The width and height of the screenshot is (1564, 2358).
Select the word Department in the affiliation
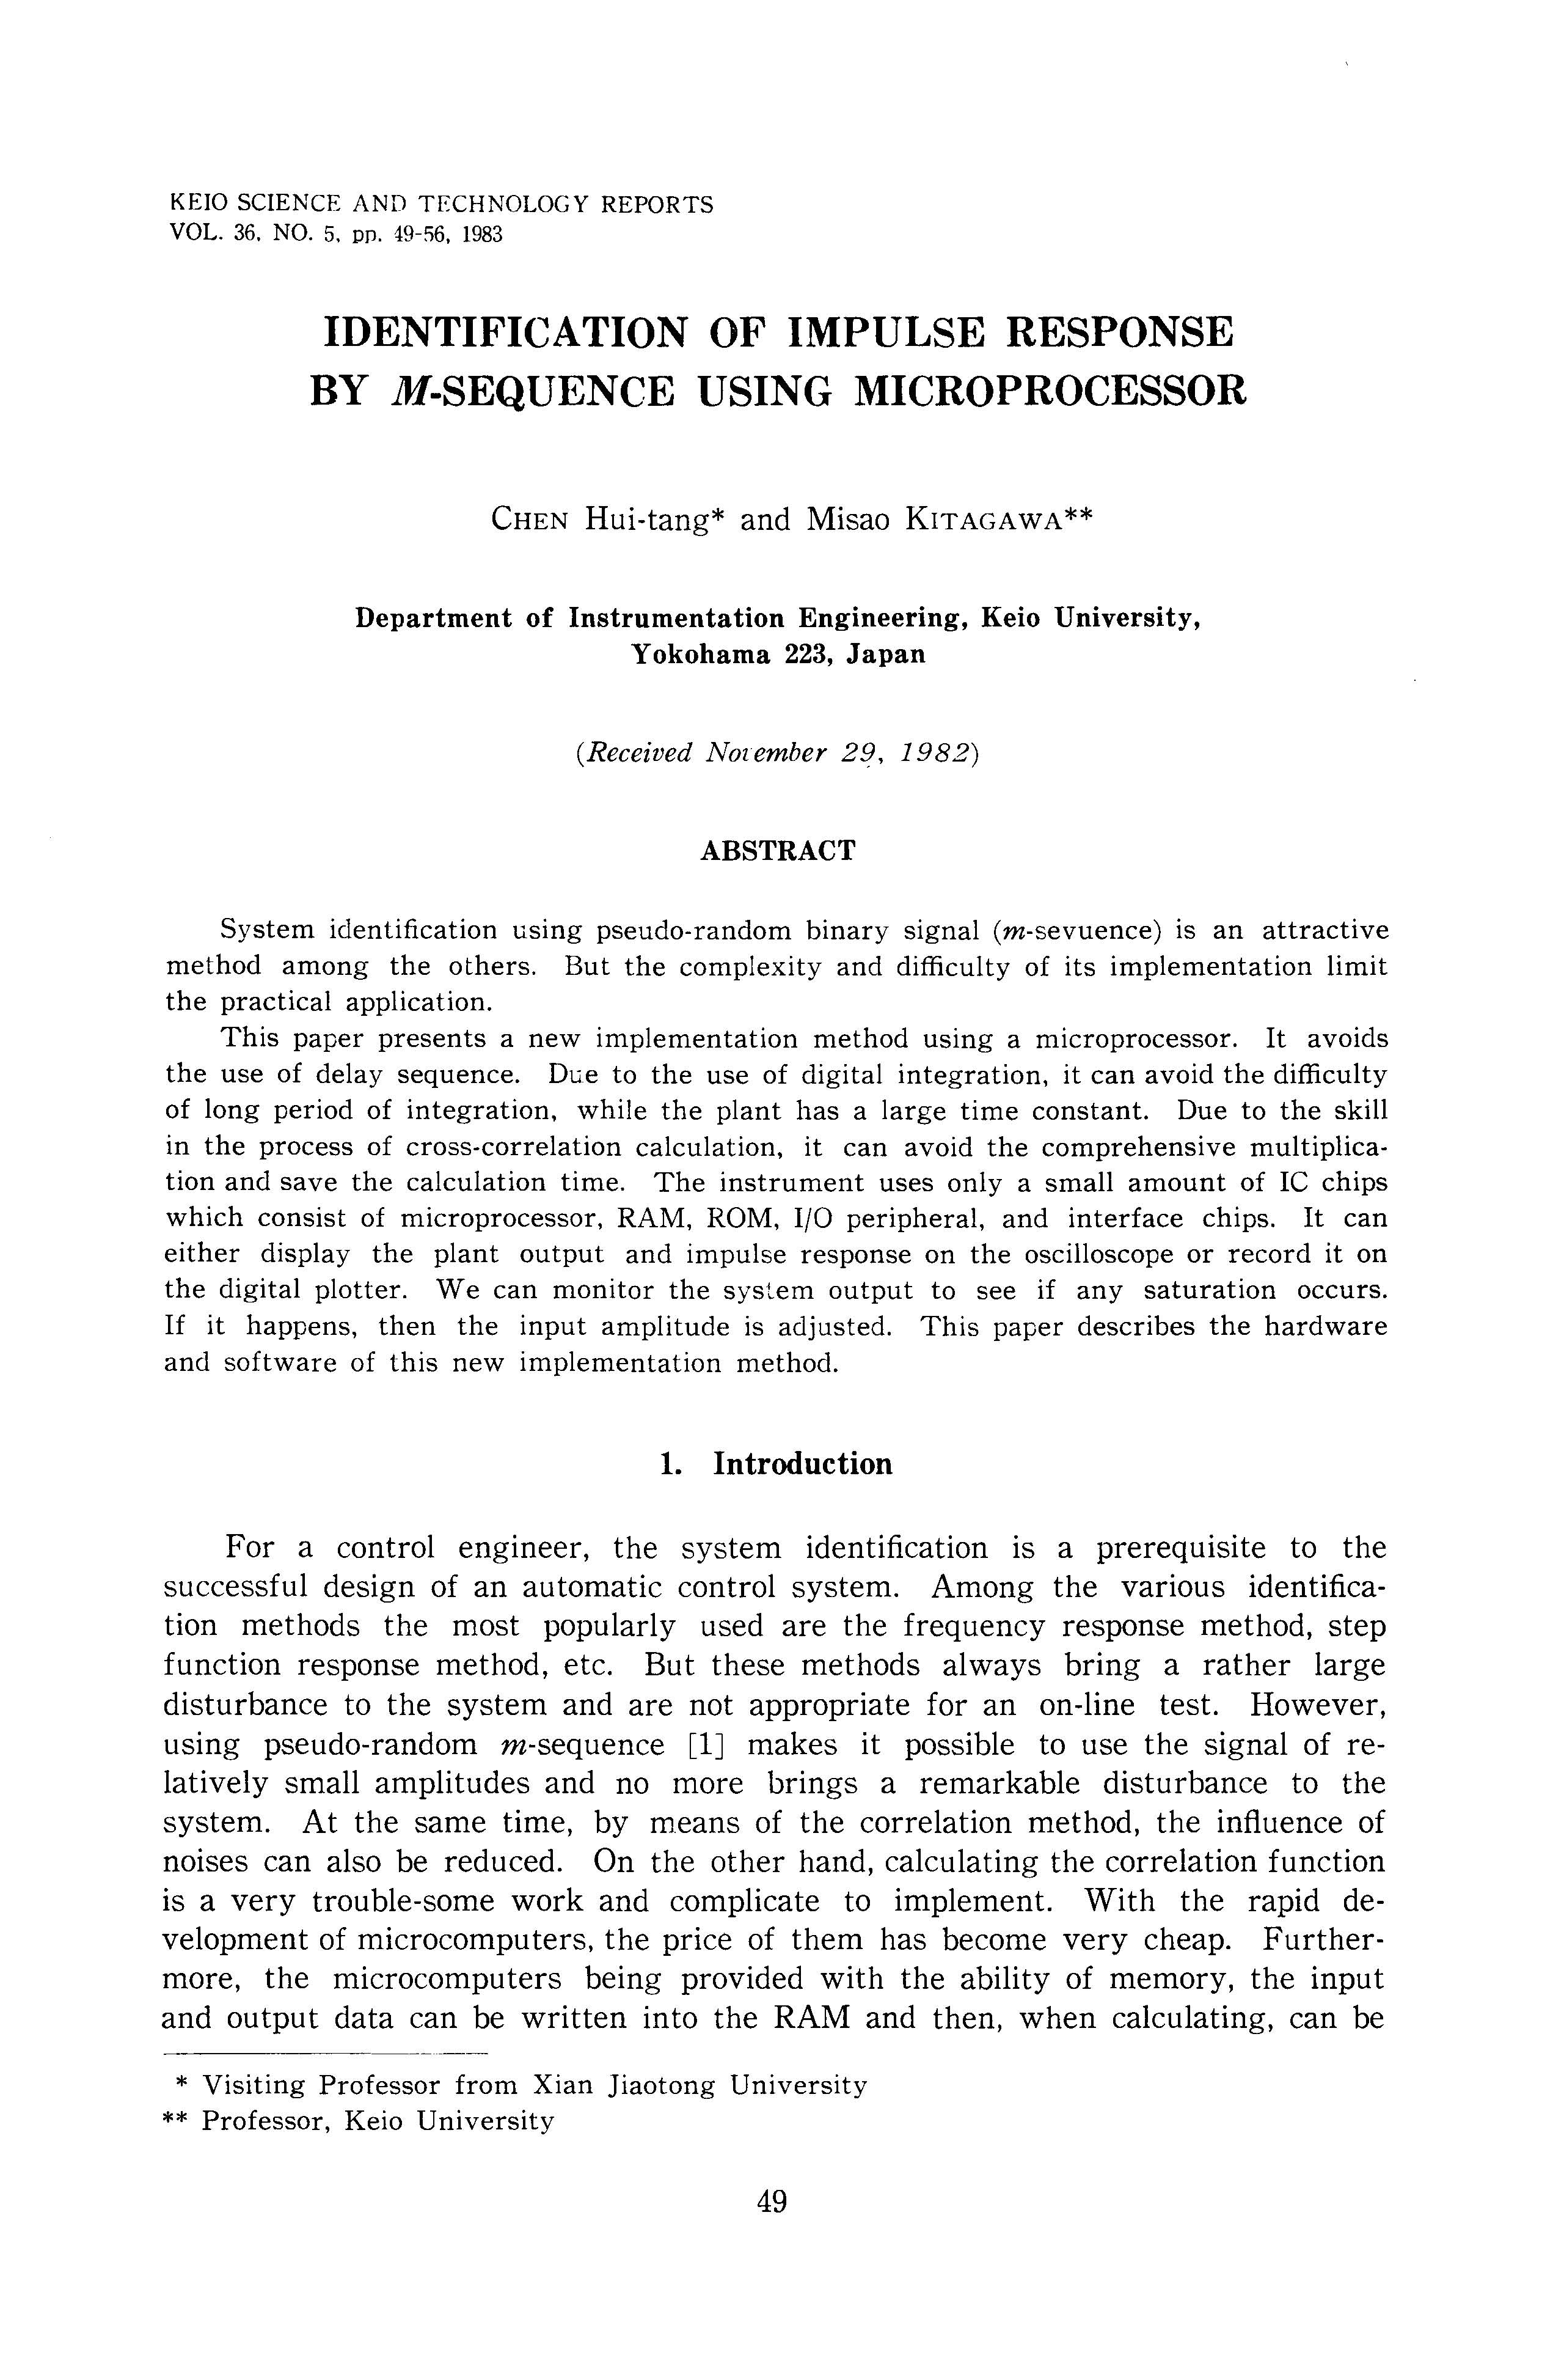click(x=433, y=619)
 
